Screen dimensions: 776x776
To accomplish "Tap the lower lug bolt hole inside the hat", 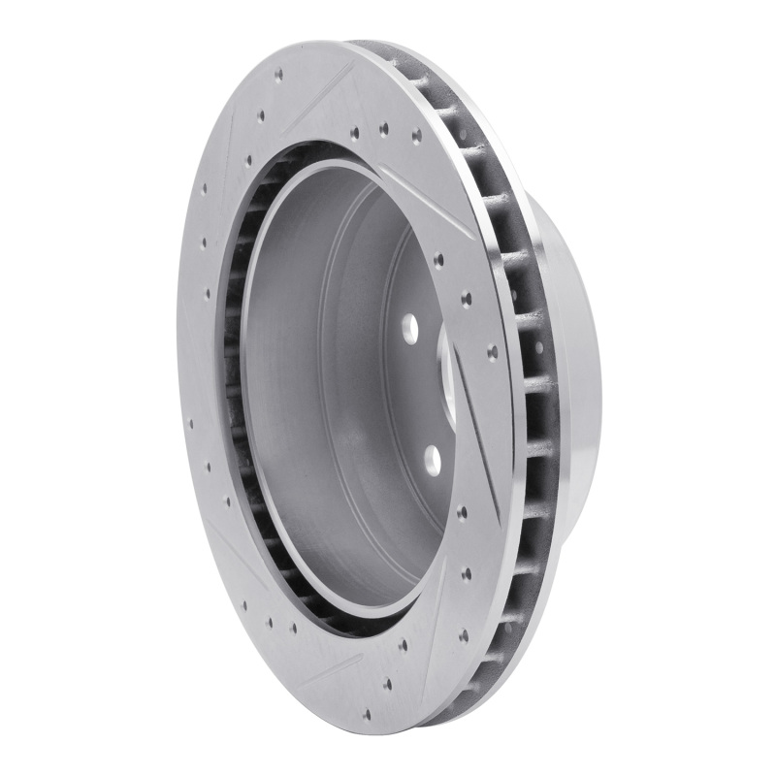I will [x=433, y=460].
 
